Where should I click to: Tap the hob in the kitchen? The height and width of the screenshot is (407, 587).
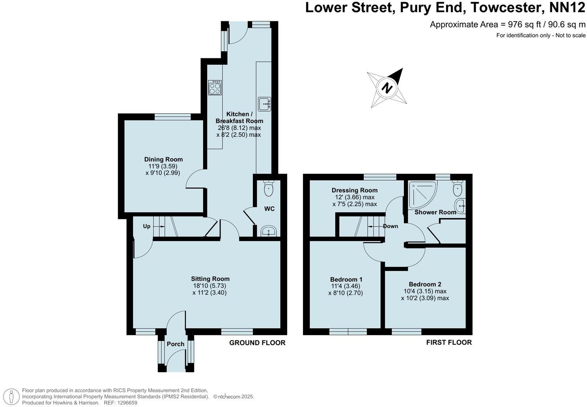pos(215,88)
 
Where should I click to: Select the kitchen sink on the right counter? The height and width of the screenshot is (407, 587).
pos(264,104)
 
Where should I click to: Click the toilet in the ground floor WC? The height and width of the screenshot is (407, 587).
pos(269,188)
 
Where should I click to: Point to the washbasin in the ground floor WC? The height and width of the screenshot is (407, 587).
pos(269,231)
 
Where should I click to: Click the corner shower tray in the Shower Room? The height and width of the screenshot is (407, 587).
pos(422,194)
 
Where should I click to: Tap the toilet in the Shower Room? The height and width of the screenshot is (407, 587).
pos(457,189)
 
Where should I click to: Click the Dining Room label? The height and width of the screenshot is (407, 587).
pos(163,159)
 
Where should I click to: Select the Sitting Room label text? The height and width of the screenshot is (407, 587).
pos(210,279)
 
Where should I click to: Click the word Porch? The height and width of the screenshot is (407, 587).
pos(176,344)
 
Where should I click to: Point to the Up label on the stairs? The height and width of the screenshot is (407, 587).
pos(146,226)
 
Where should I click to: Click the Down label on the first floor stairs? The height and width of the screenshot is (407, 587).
pos(390,226)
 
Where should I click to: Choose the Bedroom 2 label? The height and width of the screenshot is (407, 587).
pos(424,284)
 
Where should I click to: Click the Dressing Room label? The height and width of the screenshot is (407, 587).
pos(354,190)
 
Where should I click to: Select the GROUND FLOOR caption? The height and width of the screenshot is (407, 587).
pos(257,343)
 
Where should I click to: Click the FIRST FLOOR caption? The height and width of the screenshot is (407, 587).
pos(449,342)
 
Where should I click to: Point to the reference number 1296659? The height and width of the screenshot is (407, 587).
pos(125,403)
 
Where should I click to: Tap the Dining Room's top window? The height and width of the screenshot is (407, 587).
pos(172,116)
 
